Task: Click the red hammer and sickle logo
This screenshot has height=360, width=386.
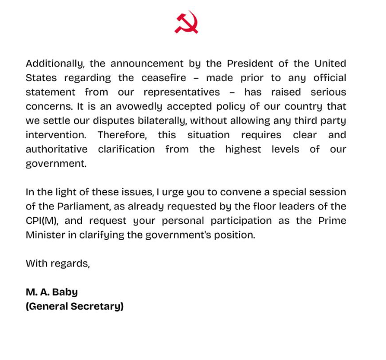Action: [x=186, y=22]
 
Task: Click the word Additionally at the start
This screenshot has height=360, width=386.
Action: [x=54, y=64]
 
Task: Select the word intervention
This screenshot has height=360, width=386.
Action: [x=56, y=135]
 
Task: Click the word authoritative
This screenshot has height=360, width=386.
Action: [x=57, y=149]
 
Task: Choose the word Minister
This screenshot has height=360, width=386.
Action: [x=45, y=235]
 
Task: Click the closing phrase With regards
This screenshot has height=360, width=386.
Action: [x=58, y=263]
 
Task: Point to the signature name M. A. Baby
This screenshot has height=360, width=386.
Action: [x=51, y=292]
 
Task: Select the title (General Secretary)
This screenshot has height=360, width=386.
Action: [x=74, y=306]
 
